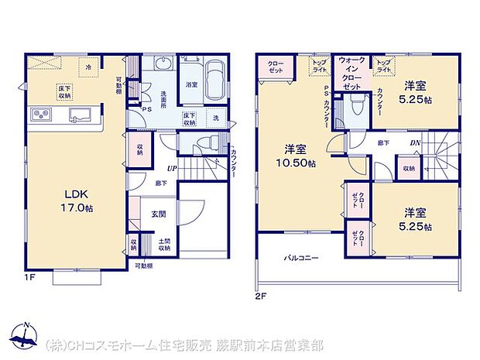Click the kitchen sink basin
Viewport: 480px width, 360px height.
[80, 116]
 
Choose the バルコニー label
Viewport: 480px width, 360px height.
[301, 257]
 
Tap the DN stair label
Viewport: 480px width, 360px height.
[416, 143]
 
